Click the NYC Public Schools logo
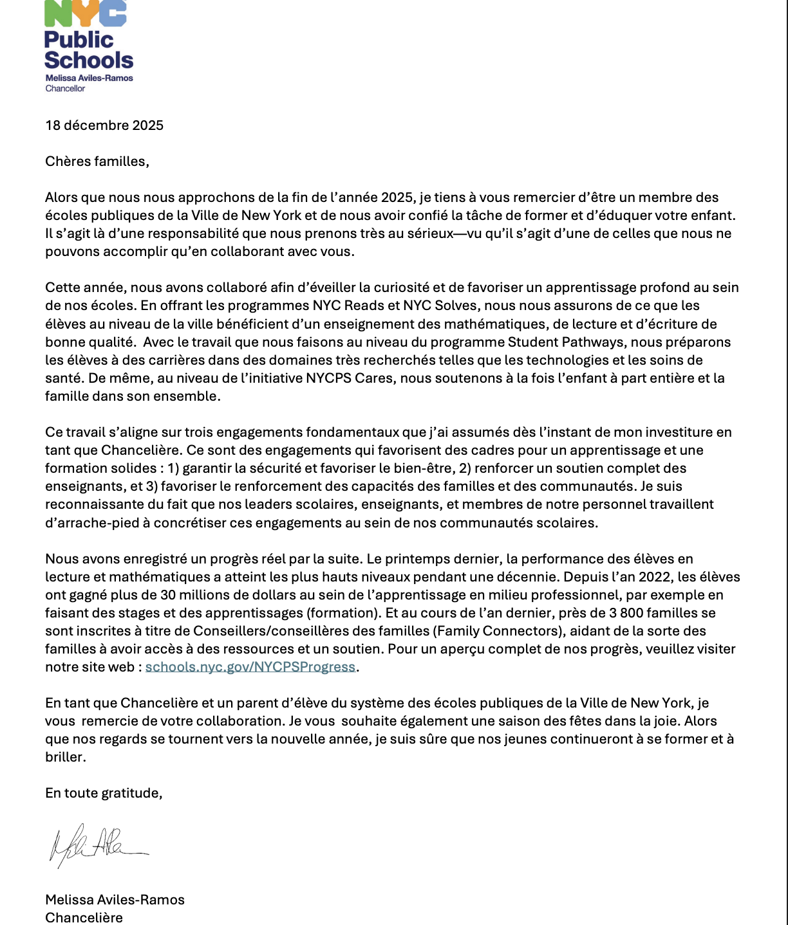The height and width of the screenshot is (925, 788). (88, 39)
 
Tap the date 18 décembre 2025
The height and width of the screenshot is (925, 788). (104, 125)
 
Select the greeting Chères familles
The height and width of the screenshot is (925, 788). (97, 161)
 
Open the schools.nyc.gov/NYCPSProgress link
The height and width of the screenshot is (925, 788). (250, 667)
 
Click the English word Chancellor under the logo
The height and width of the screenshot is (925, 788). (65, 89)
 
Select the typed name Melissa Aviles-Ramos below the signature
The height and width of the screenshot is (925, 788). (115, 900)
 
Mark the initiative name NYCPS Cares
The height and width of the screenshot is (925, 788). (351, 378)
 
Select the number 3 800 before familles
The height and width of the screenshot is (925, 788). (630, 613)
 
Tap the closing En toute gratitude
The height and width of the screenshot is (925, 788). (103, 793)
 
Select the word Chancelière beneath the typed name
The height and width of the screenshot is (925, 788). (84, 918)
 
